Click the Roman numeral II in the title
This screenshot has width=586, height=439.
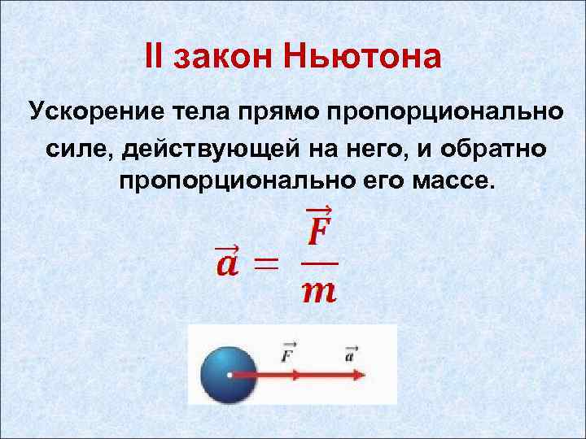click(x=154, y=56)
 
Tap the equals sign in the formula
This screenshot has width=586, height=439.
click(x=266, y=263)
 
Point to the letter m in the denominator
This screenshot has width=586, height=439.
click(x=318, y=291)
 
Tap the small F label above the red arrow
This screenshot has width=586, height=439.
click(x=289, y=354)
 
